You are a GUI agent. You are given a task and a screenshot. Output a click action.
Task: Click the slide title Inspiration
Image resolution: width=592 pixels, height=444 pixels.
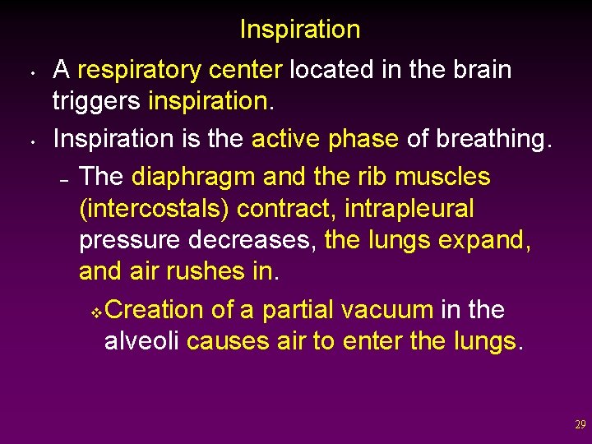(299, 30)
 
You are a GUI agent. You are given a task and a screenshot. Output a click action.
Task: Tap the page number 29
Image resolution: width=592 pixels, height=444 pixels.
(580, 425)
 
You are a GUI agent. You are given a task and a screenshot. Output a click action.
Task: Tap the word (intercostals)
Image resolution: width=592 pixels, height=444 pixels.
(155, 209)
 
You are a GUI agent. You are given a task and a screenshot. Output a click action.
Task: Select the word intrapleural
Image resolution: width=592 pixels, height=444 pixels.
(409, 209)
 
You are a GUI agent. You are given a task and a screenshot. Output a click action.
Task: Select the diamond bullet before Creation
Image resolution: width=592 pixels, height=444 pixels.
(96, 312)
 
